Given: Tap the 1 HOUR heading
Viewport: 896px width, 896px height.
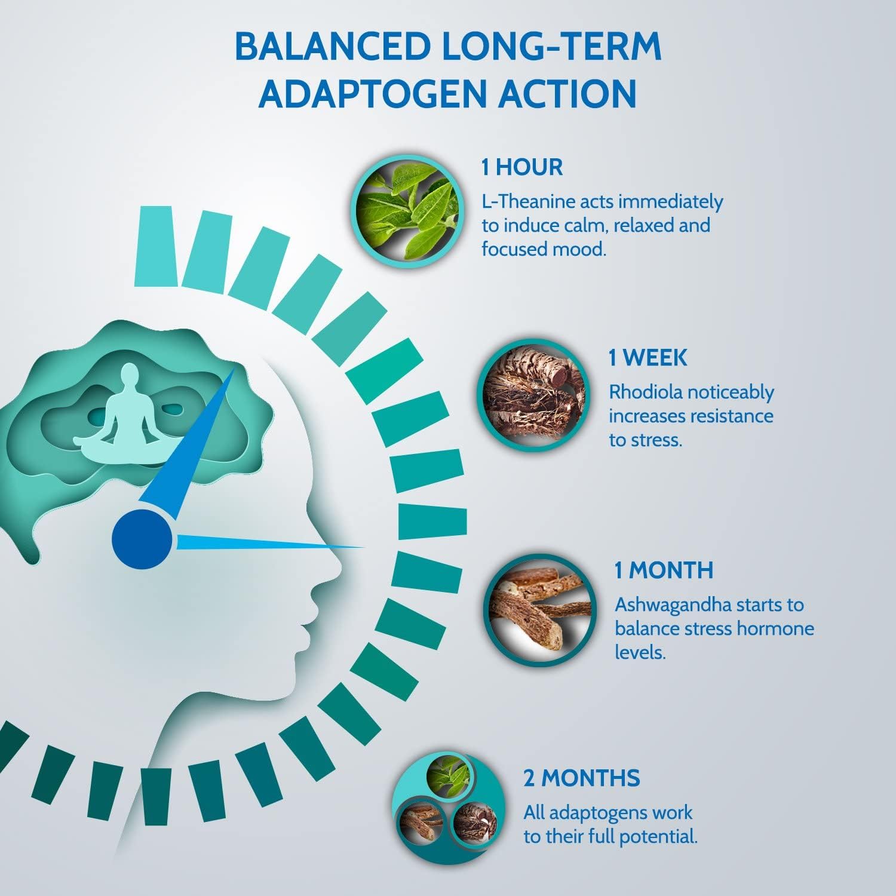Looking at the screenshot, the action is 522,167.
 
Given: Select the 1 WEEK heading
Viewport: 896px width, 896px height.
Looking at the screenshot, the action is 648,358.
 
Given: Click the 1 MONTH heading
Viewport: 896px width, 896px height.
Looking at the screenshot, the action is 664,570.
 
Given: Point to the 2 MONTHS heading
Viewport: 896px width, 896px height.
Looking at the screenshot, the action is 582,778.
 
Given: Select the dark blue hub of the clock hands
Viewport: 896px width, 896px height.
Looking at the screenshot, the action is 142,539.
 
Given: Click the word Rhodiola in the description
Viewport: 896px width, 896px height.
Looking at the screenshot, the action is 645,392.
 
